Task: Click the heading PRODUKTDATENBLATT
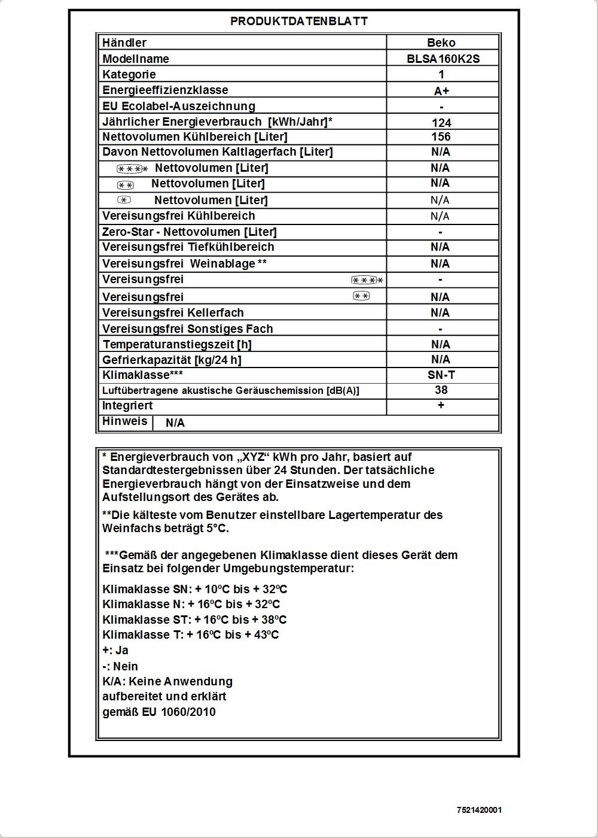[x=299, y=21]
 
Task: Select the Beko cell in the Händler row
[x=441, y=42]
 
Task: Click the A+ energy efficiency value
[x=441, y=91]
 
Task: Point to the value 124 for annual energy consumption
[x=441, y=123]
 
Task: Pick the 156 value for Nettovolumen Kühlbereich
[x=441, y=137]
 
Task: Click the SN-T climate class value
[x=441, y=375]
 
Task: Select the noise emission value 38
[x=441, y=390]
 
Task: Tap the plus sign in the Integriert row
[x=441, y=406]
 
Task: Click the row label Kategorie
[x=129, y=74]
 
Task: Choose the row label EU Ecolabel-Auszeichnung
[x=179, y=106]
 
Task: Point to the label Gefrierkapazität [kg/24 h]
[x=172, y=360]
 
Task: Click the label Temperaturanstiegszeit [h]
[x=177, y=344]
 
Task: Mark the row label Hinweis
[x=124, y=421]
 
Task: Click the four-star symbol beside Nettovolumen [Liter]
[x=132, y=169]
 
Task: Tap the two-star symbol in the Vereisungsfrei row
[x=361, y=296]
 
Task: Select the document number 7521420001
[x=479, y=810]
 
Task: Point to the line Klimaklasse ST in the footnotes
[x=194, y=620]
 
